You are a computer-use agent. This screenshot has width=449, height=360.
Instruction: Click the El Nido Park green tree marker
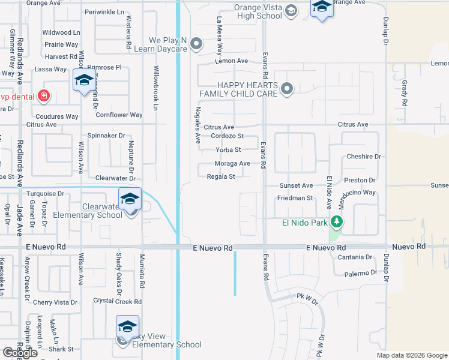point(337,223)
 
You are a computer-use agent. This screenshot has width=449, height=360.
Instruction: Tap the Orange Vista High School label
point(259,12)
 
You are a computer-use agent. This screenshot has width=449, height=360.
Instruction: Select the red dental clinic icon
point(43,95)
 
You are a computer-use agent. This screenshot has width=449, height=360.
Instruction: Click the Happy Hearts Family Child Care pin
point(287,89)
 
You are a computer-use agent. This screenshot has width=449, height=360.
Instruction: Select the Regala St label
point(220,176)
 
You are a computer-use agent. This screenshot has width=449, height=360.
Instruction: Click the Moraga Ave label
point(232,163)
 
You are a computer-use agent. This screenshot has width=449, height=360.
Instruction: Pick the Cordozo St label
point(227,136)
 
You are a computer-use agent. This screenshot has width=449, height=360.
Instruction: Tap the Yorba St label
point(228,149)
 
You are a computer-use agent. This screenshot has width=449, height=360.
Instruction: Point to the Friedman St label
point(295,198)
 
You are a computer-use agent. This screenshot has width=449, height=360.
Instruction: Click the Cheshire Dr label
point(364,157)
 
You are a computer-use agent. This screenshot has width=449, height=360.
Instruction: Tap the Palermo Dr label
point(359,273)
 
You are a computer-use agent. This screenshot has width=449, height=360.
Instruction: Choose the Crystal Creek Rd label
point(117,302)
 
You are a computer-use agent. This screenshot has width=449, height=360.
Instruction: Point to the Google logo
point(20,353)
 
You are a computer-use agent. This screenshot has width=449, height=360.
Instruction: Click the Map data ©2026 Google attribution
point(412,355)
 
